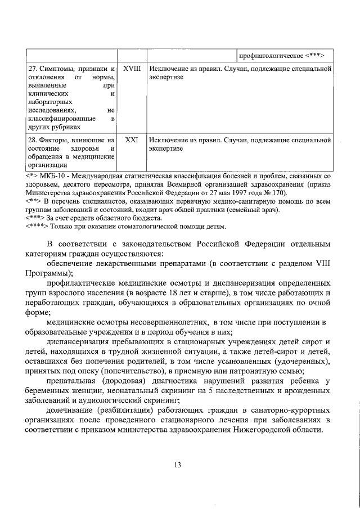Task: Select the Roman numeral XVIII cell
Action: pyautogui.click(x=131, y=68)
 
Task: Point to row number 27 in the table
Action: pyautogui.click(x=33, y=69)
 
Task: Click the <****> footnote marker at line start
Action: pyautogui.click(x=37, y=227)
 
